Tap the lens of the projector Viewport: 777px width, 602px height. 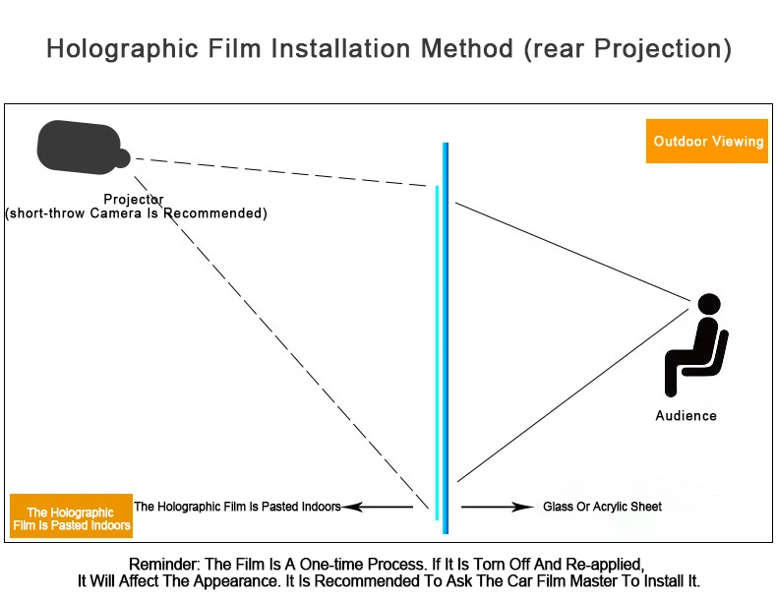pyautogui.click(x=123, y=157)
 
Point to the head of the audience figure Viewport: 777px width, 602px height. pyautogui.click(x=708, y=305)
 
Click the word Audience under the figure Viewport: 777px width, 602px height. pyautogui.click(x=686, y=416)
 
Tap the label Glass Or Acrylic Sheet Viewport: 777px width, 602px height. pyautogui.click(x=602, y=507)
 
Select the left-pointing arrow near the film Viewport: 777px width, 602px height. pyautogui.click(x=378, y=508)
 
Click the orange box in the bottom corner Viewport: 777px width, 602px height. pyautogui.click(x=71, y=518)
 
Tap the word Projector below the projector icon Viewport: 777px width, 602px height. pyautogui.click(x=134, y=200)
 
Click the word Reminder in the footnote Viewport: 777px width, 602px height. pyautogui.click(x=162, y=565)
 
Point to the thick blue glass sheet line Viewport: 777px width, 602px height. pyautogui.click(x=446, y=334)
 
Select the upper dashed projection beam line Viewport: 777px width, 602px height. pyautogui.click(x=285, y=172)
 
